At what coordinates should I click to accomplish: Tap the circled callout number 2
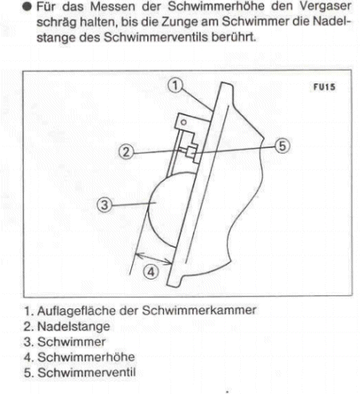[126, 150]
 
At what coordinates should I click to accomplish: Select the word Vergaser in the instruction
[330, 7]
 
